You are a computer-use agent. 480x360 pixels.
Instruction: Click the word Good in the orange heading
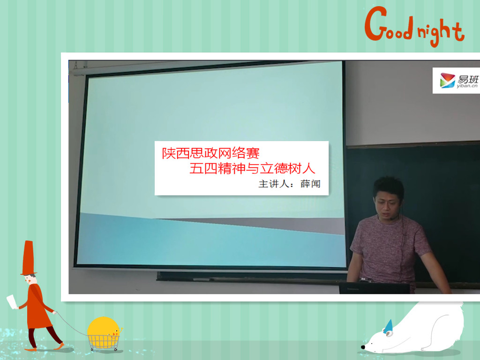tap(389, 24)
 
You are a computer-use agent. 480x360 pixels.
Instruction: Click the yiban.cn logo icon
tap(448, 80)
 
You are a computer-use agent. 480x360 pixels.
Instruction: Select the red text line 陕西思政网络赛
tap(210, 153)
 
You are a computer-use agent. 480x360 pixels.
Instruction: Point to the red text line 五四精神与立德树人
tap(252, 168)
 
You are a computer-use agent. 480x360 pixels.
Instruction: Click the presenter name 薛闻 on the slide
tap(310, 184)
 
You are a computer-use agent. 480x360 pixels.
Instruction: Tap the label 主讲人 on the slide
tap(274, 184)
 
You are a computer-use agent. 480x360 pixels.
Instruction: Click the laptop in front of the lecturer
tap(375, 288)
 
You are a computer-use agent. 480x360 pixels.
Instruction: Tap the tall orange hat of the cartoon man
tap(28, 258)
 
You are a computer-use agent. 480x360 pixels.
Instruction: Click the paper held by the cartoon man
tap(12, 301)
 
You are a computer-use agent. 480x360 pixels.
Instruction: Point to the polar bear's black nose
tap(363, 347)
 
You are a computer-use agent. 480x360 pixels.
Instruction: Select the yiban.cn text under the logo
tap(467, 86)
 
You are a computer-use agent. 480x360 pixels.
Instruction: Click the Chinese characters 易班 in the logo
tap(468, 79)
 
